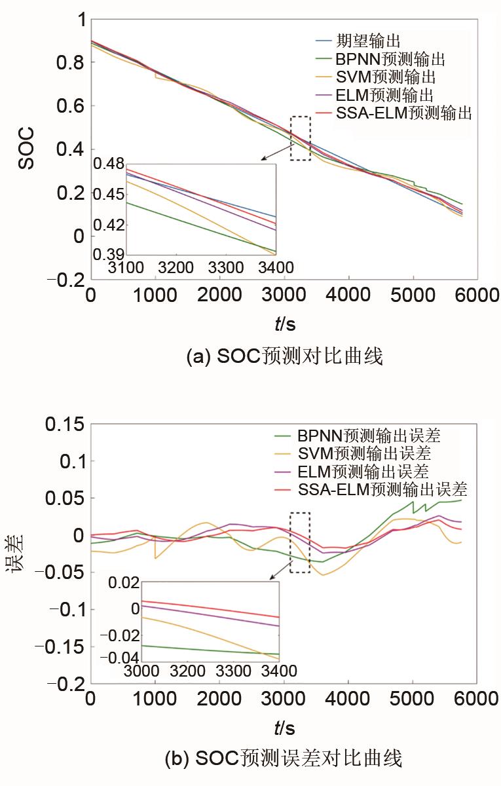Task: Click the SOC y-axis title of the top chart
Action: [26, 149]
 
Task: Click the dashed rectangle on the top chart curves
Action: [301, 138]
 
